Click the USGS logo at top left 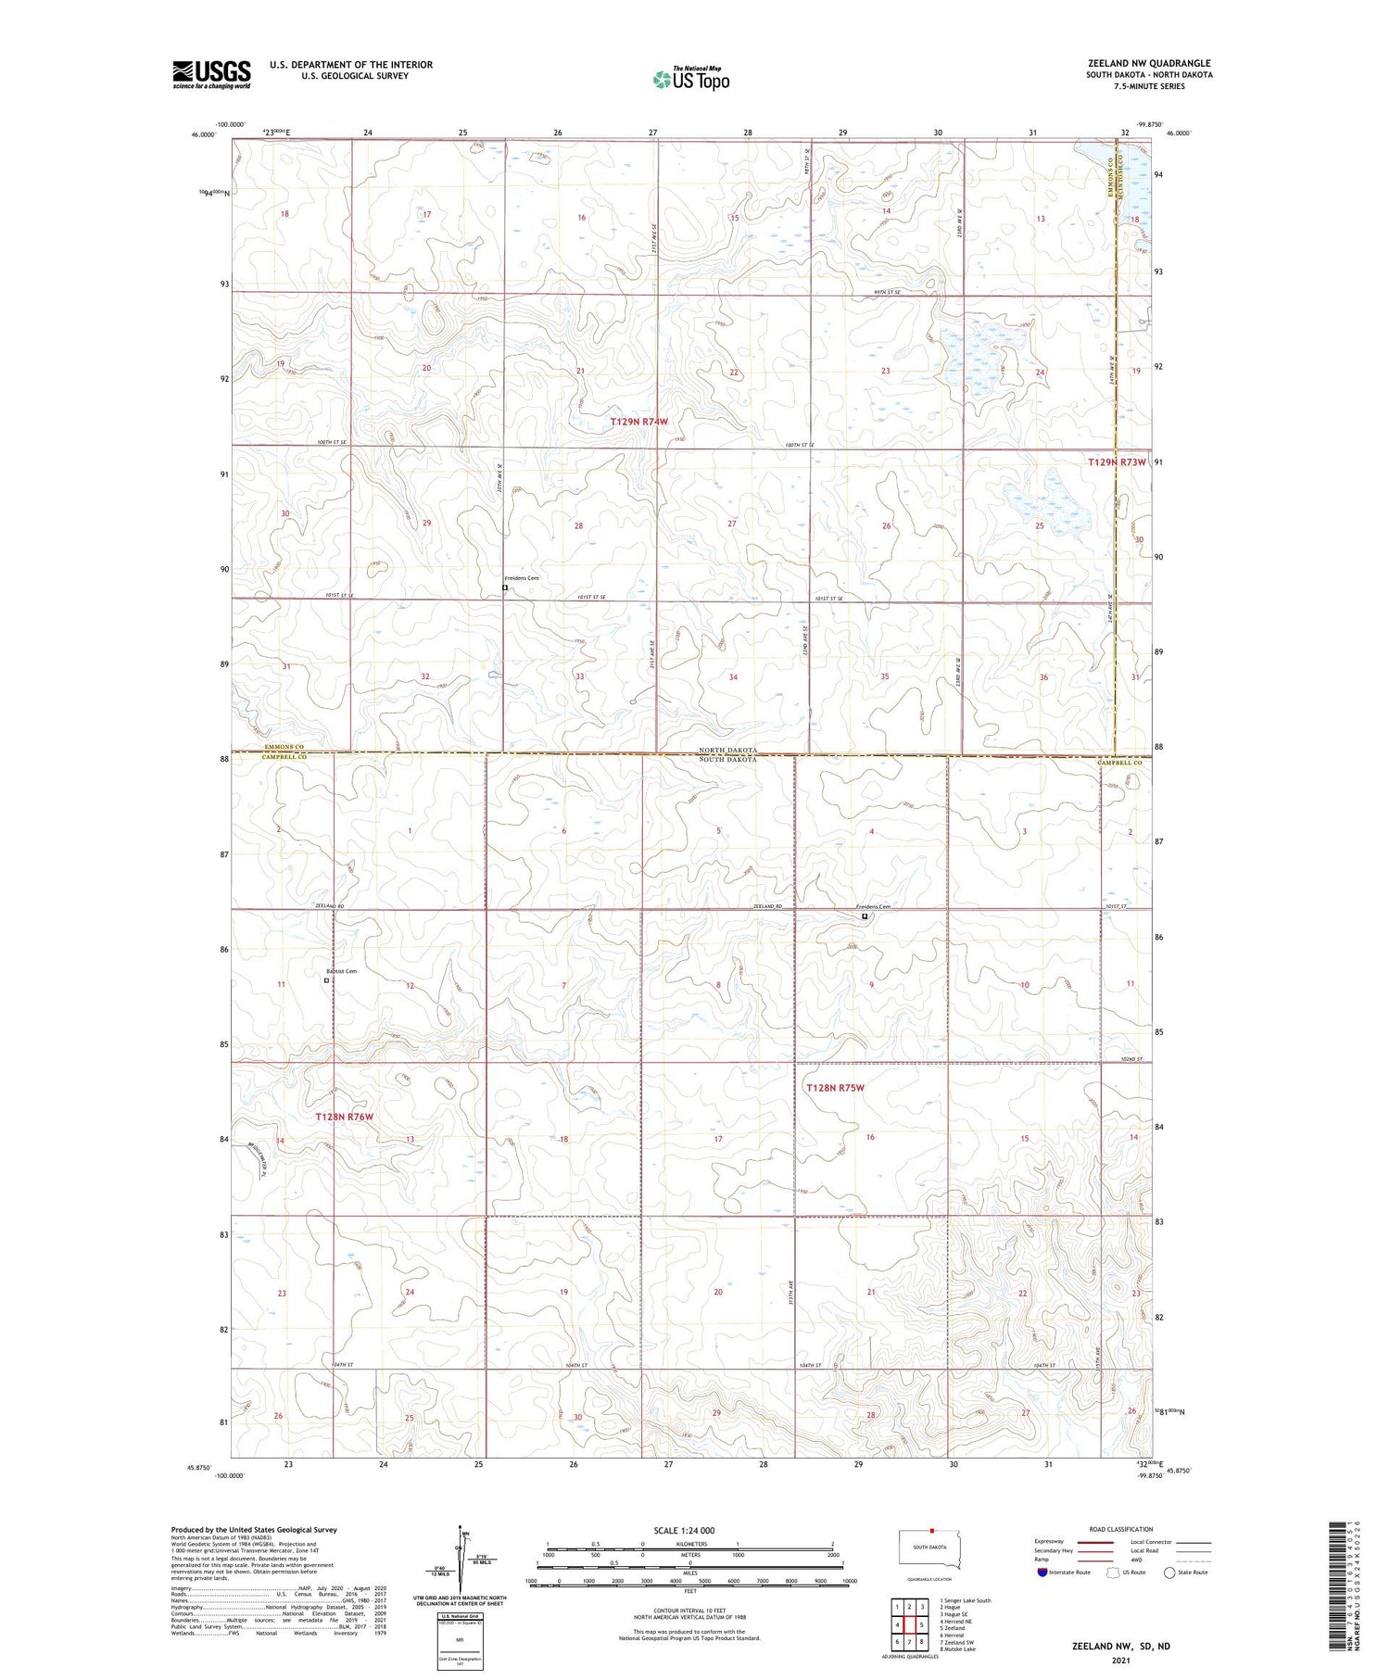pyautogui.click(x=210, y=74)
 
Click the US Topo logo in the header pyautogui.click(x=690, y=80)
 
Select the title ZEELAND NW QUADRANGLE pyautogui.click(x=1149, y=63)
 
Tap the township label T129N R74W pyautogui.click(x=638, y=422)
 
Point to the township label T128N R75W pyautogui.click(x=834, y=1088)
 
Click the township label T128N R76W pyautogui.click(x=344, y=1118)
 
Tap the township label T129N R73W pyautogui.click(x=1117, y=461)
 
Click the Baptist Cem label pyautogui.click(x=340, y=971)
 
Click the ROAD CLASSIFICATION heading pyautogui.click(x=1121, y=1529)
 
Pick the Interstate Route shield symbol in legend pyautogui.click(x=1042, y=1572)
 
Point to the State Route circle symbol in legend pyautogui.click(x=1169, y=1572)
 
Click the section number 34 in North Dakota pyautogui.click(x=733, y=677)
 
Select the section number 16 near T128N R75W pyautogui.click(x=870, y=1137)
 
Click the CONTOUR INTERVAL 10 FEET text pyautogui.click(x=689, y=1611)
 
